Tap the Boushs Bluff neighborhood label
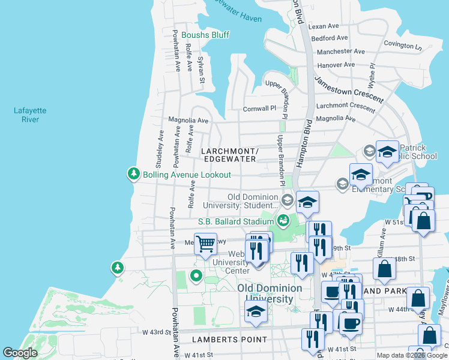(205, 35)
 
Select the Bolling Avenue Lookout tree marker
(133, 175)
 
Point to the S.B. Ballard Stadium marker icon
(283, 221)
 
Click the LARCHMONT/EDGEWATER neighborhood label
(229, 155)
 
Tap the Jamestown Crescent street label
(349, 89)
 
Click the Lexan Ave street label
(324, 26)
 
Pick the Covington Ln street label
(403, 46)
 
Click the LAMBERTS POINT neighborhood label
(229, 340)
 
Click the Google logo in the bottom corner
(20, 352)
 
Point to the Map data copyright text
(412, 355)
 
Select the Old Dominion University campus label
(265, 293)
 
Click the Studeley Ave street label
(160, 149)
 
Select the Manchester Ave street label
(340, 52)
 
